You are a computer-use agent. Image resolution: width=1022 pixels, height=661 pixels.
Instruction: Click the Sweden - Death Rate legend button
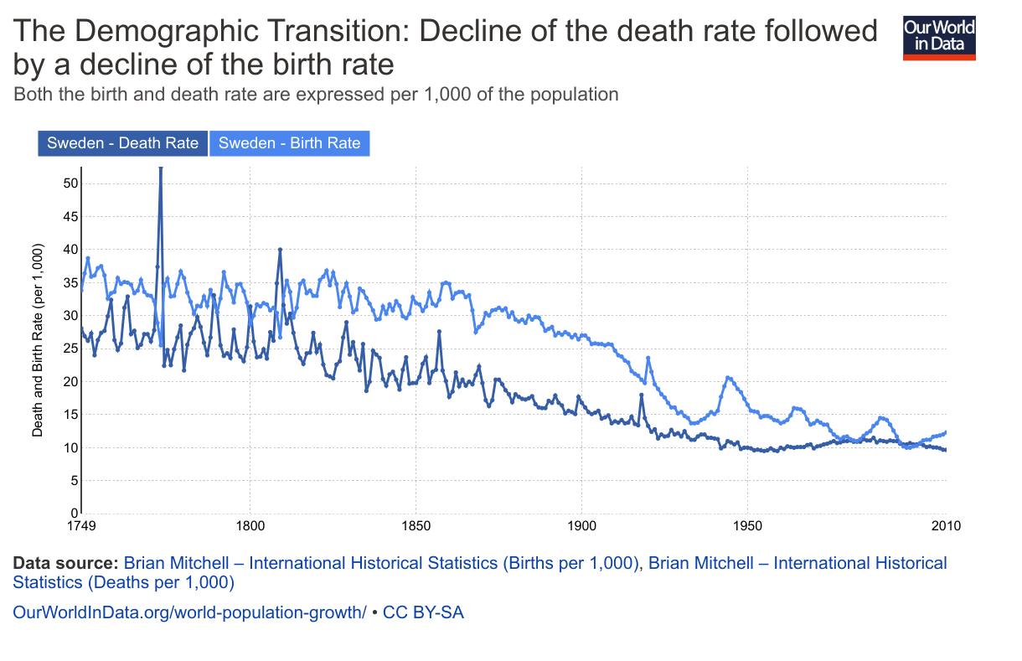point(122,143)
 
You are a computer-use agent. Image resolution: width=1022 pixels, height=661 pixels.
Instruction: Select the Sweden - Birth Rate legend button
point(289,143)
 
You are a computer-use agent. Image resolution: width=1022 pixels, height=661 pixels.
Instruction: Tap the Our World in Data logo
point(939,39)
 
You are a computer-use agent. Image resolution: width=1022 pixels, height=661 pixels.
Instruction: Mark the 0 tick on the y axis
point(75,513)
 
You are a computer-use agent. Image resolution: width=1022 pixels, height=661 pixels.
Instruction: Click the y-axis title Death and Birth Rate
point(38,340)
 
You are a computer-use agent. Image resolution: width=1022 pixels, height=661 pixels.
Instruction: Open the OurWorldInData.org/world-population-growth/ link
point(189,612)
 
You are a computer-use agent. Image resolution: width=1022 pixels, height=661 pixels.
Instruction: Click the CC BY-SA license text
point(423,612)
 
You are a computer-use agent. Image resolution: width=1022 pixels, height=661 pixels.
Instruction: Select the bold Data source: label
point(65,563)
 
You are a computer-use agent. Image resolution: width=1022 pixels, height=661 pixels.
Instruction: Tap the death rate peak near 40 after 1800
point(280,250)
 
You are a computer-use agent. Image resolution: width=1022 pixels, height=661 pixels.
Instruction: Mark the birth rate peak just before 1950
point(728,378)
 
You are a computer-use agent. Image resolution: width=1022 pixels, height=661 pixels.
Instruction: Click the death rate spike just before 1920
point(641,395)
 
